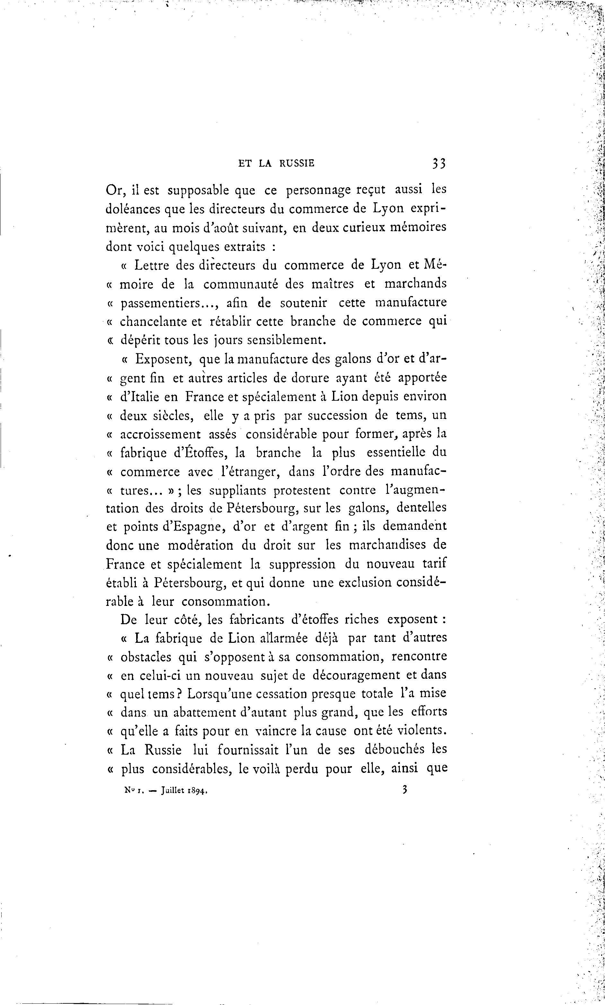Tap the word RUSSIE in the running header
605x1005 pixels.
(297, 163)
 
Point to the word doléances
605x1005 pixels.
(133, 209)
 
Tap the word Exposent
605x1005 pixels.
(163, 359)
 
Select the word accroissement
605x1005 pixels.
(161, 434)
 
